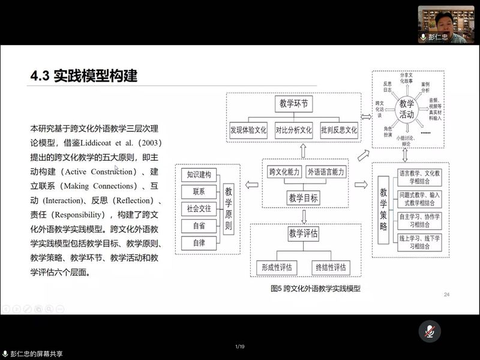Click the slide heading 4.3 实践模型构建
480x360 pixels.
pyautogui.click(x=84, y=76)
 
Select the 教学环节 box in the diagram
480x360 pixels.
pyautogui.click(x=294, y=104)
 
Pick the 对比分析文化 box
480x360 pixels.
pyautogui.click(x=294, y=129)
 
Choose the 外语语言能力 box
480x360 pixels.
pyautogui.click(x=326, y=172)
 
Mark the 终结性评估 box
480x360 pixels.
pyautogui.click(x=331, y=267)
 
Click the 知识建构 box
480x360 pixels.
pyautogui.click(x=199, y=175)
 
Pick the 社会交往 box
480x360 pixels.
pyautogui.click(x=199, y=209)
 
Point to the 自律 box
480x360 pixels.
pyautogui.click(x=199, y=242)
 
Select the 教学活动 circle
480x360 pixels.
pyautogui.click(x=407, y=109)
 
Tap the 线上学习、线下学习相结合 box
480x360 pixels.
pyautogui.click(x=419, y=242)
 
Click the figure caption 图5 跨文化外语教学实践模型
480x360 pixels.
pyautogui.click(x=319, y=288)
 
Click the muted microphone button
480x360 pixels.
pyautogui.click(x=430, y=331)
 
